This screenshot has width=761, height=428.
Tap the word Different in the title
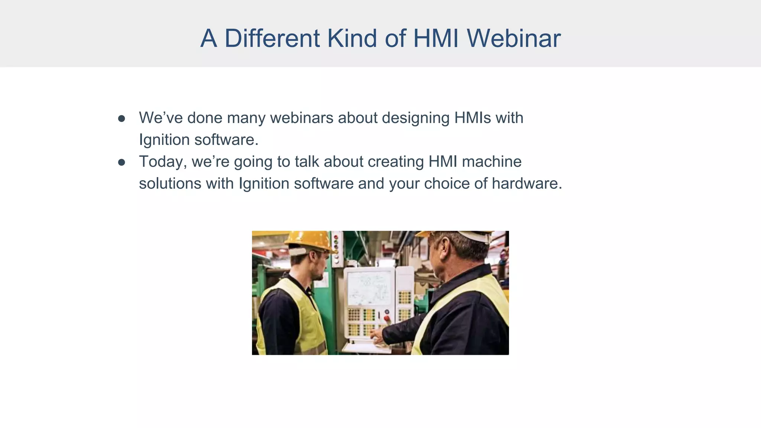pos(272,38)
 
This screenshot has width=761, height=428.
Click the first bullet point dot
pos(122,119)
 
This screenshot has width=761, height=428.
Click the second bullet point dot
pos(122,162)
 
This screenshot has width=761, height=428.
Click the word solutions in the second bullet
pos(170,184)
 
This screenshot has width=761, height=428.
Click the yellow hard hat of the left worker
pos(311,241)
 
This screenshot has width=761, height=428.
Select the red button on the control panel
pos(387,318)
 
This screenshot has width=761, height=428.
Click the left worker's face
pos(318,266)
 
